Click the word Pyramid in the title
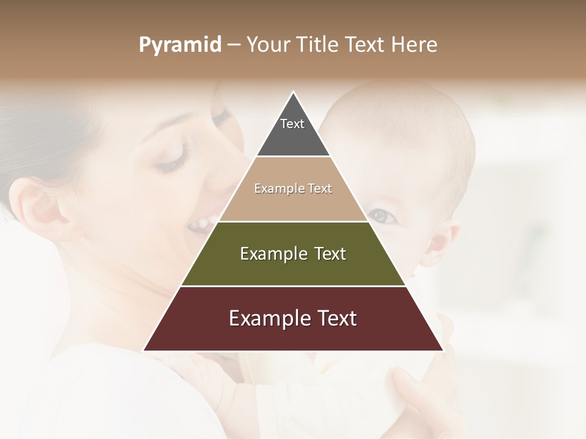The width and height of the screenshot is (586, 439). click(179, 45)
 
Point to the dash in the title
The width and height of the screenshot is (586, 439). click(233, 45)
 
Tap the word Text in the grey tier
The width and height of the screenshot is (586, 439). click(292, 124)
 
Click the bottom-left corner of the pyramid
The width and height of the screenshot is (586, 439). click(144, 350)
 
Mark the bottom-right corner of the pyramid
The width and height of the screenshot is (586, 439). click(443, 350)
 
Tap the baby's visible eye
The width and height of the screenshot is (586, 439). click(381, 215)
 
